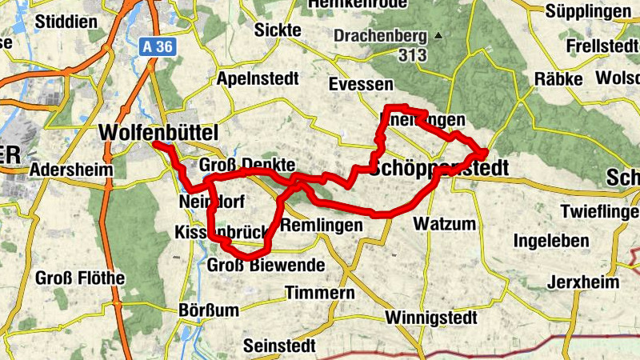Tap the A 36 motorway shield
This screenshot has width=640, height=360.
[158, 47]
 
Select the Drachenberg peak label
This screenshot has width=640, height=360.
[381, 36]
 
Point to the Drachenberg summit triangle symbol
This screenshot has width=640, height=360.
[437, 36]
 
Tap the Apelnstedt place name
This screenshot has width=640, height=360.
[257, 79]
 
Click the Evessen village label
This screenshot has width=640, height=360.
[361, 85]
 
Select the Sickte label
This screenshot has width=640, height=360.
[277, 30]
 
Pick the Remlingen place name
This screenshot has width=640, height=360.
[322, 226]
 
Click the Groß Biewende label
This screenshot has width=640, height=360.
[266, 266]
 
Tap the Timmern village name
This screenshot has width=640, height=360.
[320, 293]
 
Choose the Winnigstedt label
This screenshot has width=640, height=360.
[430, 318]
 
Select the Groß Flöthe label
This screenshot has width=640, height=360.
[80, 278]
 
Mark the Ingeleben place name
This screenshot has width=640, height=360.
[551, 241]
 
